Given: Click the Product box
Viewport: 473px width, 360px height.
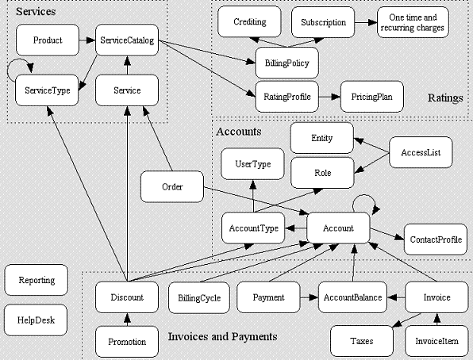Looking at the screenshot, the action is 48,40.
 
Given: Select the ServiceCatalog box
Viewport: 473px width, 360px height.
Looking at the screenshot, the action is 127,40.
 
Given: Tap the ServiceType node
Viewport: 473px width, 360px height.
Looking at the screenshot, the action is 47,90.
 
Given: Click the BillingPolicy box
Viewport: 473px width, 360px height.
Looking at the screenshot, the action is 286,63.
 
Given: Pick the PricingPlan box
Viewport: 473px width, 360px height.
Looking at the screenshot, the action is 372,97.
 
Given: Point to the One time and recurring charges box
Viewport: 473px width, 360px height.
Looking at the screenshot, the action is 413,22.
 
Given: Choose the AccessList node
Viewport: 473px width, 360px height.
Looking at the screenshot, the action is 421,152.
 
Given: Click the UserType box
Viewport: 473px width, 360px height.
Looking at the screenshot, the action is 253,163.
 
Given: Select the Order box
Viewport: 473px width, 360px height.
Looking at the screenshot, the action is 172,186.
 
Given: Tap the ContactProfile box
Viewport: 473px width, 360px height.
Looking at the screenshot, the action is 436,239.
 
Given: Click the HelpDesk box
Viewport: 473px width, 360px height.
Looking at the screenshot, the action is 36,320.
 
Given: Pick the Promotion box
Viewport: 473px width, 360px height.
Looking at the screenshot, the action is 127,342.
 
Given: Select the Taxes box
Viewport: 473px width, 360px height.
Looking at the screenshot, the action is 362,341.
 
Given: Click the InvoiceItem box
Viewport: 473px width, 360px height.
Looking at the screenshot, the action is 436,341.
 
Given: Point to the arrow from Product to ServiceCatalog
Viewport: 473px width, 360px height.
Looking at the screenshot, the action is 87,40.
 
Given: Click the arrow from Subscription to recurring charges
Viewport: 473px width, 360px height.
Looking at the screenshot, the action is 366,22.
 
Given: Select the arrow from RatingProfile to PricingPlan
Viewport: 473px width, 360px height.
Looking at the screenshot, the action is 329,97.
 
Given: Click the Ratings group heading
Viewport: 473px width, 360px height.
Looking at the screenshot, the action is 445,98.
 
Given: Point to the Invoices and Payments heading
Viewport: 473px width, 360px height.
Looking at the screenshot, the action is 223,336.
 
